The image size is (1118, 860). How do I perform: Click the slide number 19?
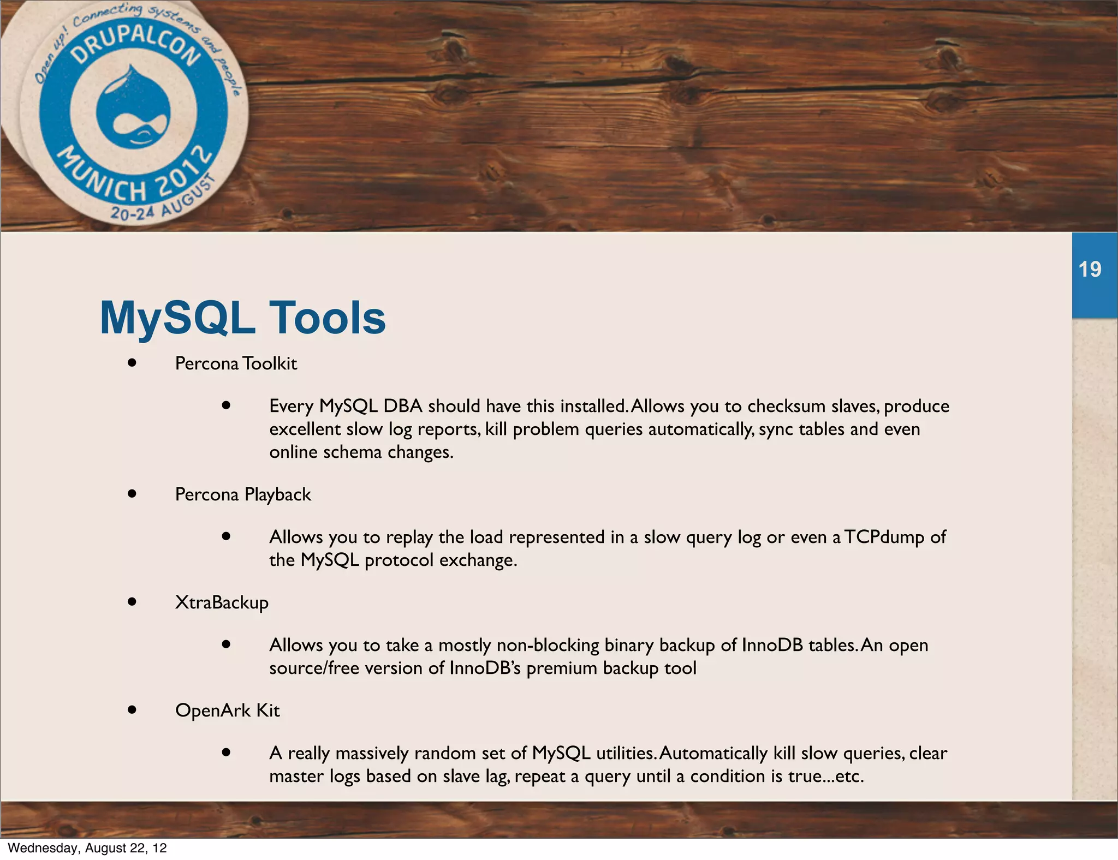pyautogui.click(x=1090, y=270)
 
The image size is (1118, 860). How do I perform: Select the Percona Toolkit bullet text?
pyautogui.click(x=236, y=363)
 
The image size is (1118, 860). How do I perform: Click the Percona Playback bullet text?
pyautogui.click(x=243, y=494)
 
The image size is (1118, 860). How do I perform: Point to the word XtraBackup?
pyautogui.click(x=222, y=602)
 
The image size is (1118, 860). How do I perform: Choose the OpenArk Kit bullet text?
pyautogui.click(x=227, y=710)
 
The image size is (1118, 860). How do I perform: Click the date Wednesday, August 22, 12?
pyautogui.click(x=87, y=848)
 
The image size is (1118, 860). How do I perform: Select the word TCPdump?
pyautogui.click(x=884, y=537)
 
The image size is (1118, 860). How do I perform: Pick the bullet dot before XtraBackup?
pyautogui.click(x=132, y=602)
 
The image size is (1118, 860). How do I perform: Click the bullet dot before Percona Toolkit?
pyautogui.click(x=132, y=363)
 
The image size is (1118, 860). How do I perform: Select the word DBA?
pyautogui.click(x=403, y=406)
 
